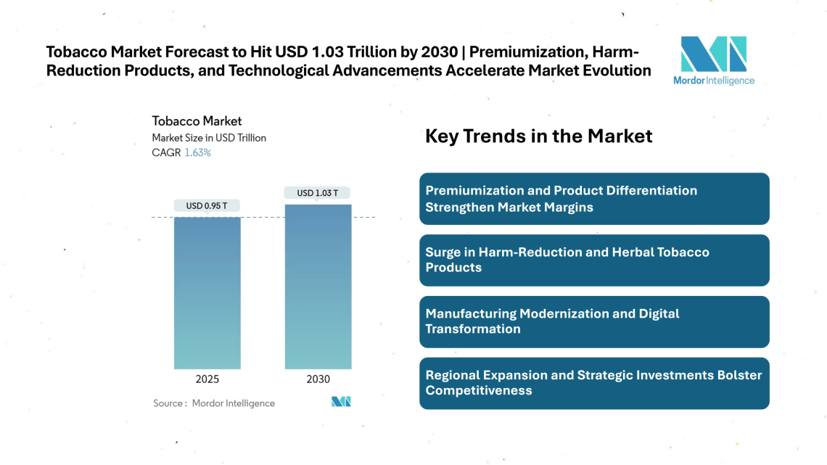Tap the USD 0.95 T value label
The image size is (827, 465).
pos(207,206)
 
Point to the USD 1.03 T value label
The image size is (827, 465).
pos(318,193)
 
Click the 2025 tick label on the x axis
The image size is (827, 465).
pos(207,379)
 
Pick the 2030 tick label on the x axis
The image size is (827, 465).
pos(318,379)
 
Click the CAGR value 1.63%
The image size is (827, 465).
pos(197,153)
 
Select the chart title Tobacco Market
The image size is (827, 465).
pos(197,121)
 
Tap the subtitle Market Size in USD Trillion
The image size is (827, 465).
pos(209,138)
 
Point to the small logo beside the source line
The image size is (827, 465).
pos(341,402)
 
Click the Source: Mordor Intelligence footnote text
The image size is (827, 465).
pos(214,403)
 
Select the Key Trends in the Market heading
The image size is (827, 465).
pos(538,136)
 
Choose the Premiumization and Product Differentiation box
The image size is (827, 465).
pos(594,199)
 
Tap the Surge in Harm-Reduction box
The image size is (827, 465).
pos(594,260)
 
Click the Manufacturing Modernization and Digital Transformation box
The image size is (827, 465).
pos(594,321)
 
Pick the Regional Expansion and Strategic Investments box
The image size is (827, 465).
pos(594,383)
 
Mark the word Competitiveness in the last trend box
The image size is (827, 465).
pos(479,391)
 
